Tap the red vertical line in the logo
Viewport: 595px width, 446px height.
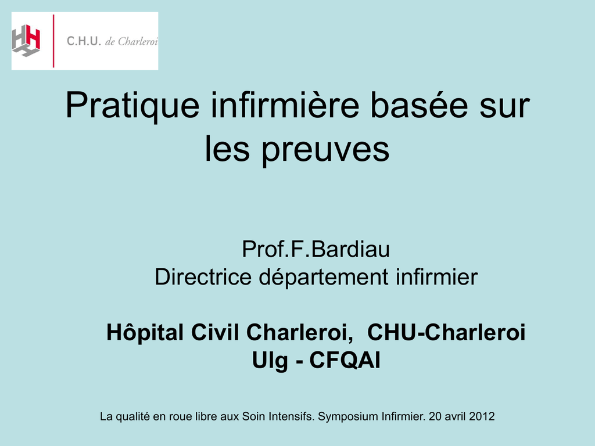coord(53,41)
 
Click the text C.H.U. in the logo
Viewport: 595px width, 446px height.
coord(84,41)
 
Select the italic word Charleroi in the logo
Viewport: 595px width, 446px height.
coord(137,41)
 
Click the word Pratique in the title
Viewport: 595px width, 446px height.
coord(132,107)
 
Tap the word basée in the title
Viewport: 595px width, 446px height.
coord(419,106)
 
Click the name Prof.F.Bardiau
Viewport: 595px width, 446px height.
coord(316,249)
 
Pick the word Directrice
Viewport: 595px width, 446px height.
coord(203,276)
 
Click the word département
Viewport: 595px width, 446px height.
coord(324,277)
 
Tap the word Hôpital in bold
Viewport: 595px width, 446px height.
coord(145,333)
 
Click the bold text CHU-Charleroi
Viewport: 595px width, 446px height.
coord(446,332)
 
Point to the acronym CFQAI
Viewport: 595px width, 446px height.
coord(345,360)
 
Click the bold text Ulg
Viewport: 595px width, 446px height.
coord(270,361)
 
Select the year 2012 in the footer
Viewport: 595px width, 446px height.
coord(482,416)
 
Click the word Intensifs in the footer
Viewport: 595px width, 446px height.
coord(292,416)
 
